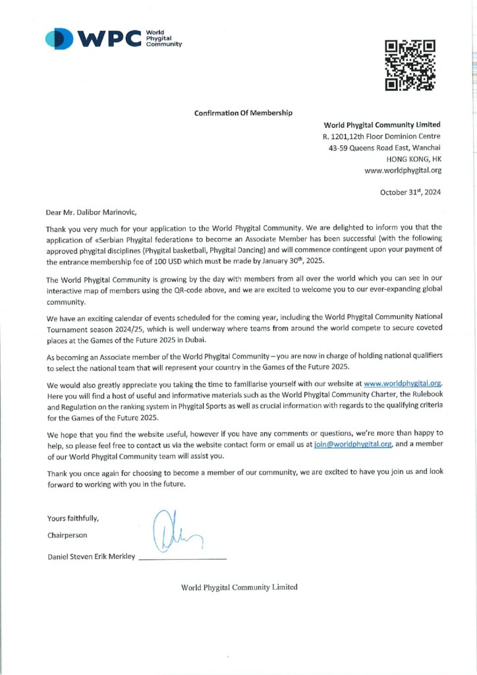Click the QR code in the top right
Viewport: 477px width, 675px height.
410,65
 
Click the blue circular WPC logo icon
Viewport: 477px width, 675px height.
59,39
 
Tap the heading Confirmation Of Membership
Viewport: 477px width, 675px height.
243,113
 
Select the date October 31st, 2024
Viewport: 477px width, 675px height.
410,192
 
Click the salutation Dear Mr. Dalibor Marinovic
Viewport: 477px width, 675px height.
92,212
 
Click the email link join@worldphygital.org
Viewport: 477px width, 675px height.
347,445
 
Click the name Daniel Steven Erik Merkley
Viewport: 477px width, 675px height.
91,557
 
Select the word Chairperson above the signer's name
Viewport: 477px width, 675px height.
67,535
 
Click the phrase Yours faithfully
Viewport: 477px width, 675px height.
73,517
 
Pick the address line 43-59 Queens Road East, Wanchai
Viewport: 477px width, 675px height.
385,147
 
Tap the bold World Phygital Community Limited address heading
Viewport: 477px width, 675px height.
382,125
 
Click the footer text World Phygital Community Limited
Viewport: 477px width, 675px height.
239,587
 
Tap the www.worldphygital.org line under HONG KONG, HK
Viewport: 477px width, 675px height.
403,170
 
